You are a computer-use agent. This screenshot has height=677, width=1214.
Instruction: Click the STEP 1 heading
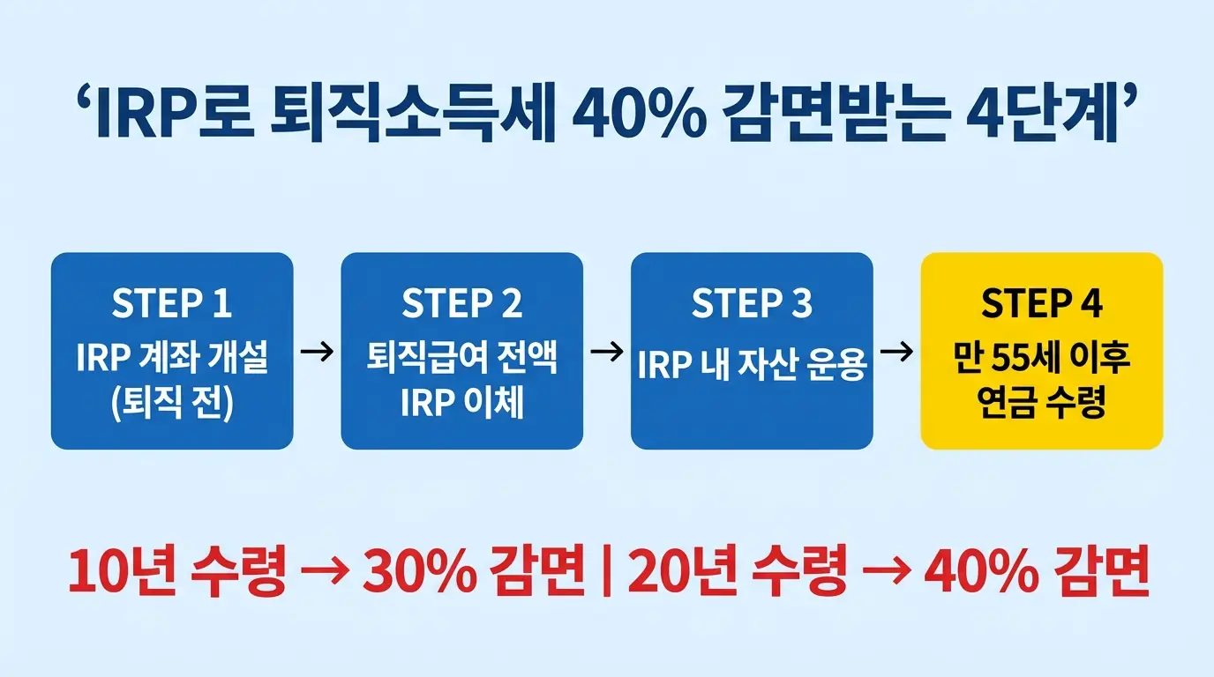171,303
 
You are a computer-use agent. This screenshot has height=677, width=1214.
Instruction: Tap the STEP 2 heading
461,303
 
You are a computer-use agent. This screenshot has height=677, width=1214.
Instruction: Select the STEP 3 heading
751,303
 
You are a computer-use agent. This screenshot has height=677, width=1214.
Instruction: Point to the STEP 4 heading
1041,303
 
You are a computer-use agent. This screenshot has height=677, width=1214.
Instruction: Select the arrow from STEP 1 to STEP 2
317,352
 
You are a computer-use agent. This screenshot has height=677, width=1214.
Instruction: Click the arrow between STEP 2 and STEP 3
606,352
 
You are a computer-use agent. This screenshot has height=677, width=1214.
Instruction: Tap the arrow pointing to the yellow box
896,352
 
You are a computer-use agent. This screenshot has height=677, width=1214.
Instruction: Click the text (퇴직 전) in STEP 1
171,406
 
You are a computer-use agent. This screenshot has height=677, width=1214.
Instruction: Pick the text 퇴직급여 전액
461,361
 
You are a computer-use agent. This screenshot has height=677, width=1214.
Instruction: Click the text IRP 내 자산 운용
751,365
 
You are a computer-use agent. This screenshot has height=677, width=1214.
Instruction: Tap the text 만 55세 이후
1041,361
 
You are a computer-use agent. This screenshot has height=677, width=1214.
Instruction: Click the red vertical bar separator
607,572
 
